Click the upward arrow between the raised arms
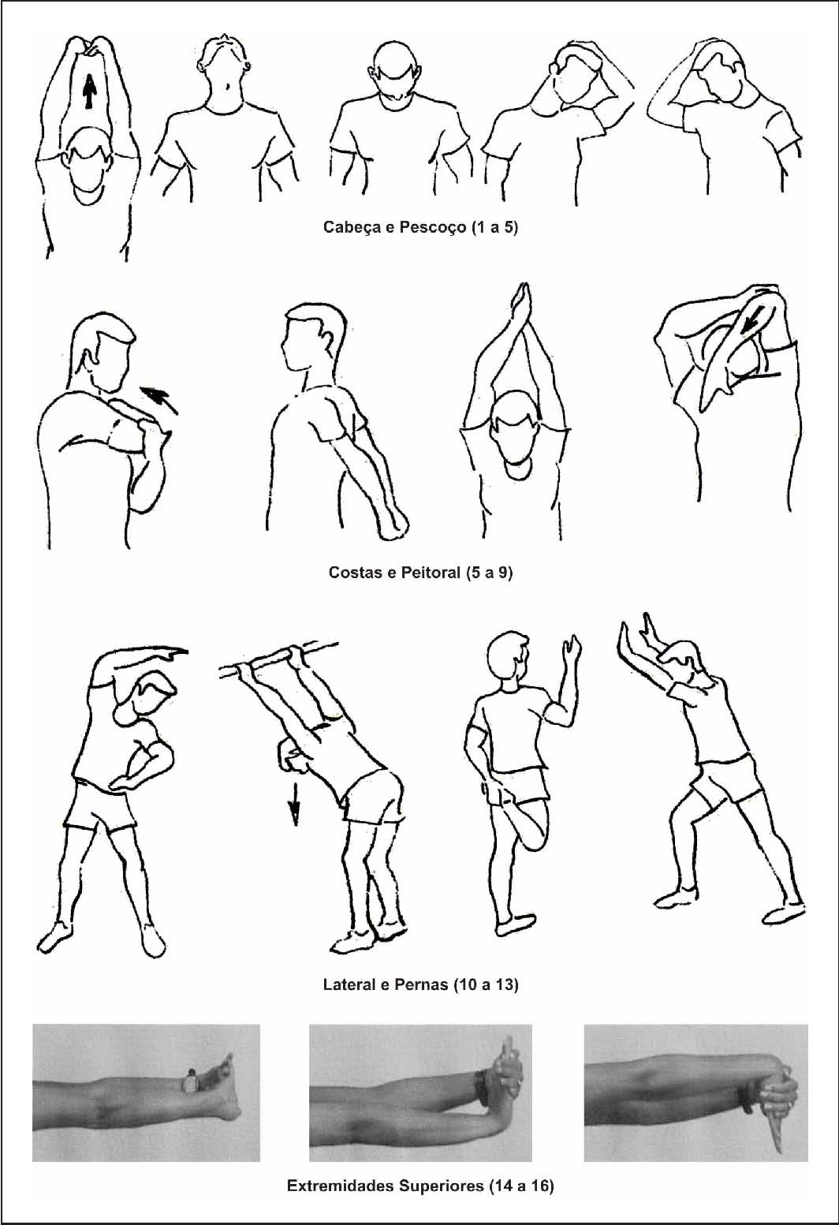click(x=90, y=92)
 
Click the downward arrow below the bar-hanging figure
click(x=295, y=803)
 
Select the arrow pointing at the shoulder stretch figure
click(x=159, y=399)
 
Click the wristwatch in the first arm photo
click(x=190, y=1081)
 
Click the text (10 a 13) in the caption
click(x=486, y=984)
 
